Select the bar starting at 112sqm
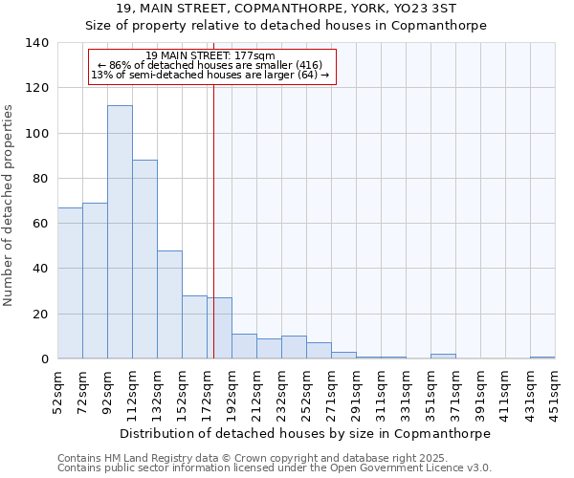144,259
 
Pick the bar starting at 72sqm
95,281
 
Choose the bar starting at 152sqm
194,327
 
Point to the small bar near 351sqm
443,356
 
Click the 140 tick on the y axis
36,43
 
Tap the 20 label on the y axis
39,315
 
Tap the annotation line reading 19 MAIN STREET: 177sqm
211,55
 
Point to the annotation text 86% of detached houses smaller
211,65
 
